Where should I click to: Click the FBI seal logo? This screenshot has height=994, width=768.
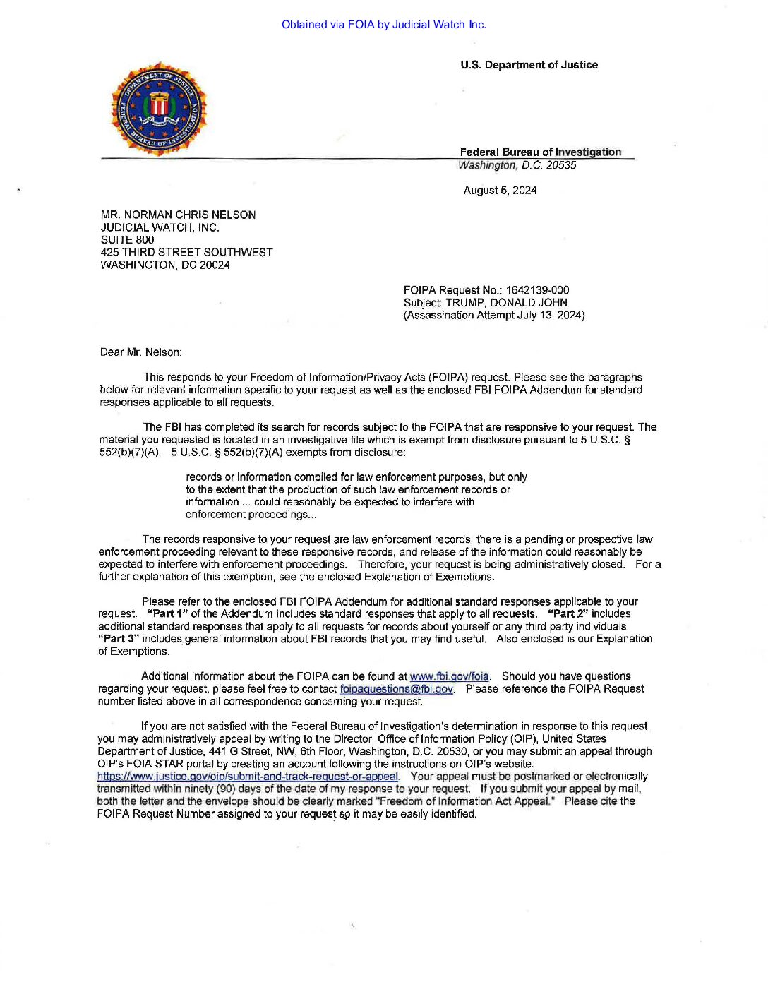click(x=158, y=108)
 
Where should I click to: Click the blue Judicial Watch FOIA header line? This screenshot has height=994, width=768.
click(x=383, y=25)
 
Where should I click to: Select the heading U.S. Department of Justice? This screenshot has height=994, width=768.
click(x=529, y=65)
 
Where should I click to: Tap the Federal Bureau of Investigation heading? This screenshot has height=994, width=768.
click(x=540, y=152)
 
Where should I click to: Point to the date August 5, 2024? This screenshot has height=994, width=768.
click(x=500, y=191)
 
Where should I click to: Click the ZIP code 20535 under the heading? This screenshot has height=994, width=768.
click(x=561, y=165)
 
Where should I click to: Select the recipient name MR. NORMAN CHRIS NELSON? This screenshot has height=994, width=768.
click(x=178, y=215)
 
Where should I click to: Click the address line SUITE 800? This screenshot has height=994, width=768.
click(x=127, y=240)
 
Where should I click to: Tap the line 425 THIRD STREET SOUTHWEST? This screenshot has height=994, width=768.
click(x=186, y=253)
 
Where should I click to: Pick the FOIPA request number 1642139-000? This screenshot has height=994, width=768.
click(x=537, y=290)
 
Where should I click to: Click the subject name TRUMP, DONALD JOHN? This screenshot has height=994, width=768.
click(x=506, y=303)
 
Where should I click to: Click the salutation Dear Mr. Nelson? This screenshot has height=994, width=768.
click(x=140, y=352)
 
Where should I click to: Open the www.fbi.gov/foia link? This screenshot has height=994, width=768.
click(x=449, y=676)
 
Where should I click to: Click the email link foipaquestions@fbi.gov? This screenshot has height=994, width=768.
click(x=396, y=689)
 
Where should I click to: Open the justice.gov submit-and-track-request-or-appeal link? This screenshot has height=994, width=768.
click(x=248, y=777)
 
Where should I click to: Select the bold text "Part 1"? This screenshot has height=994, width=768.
click(x=167, y=614)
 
